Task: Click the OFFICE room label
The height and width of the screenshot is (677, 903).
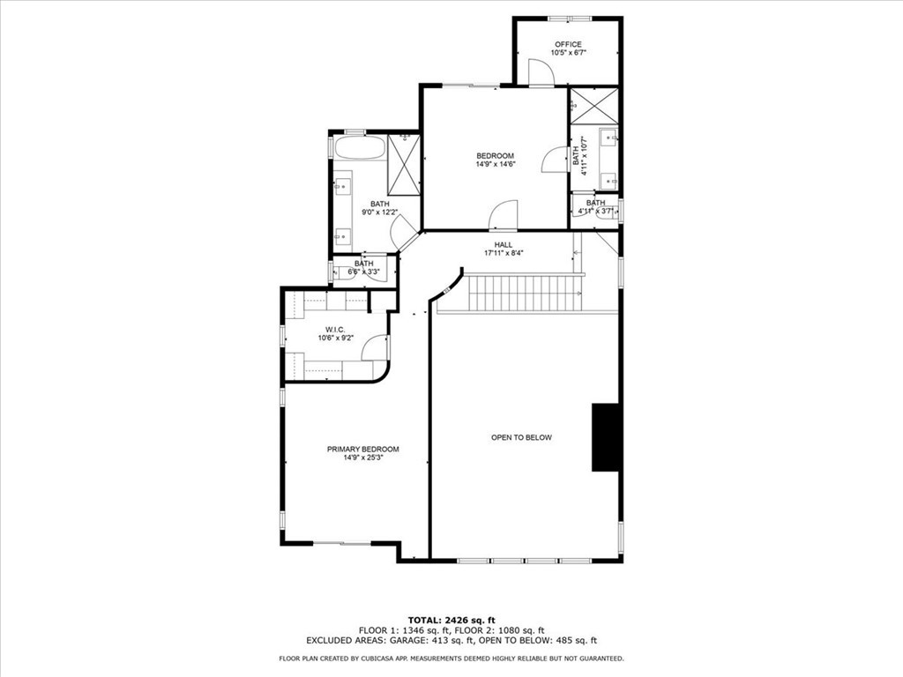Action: (568, 44)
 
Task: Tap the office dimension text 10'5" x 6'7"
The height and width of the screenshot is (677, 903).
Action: (568, 53)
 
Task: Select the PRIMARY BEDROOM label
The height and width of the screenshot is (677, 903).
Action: (362, 449)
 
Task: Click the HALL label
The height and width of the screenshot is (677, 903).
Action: (503, 245)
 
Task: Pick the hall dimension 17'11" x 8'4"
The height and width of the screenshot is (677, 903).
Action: (503, 254)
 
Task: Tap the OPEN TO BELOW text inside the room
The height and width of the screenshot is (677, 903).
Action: (521, 437)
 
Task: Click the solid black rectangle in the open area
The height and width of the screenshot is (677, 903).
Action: (606, 437)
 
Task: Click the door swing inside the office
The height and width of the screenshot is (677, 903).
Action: (540, 73)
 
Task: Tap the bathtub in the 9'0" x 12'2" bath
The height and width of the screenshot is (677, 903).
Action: (359, 146)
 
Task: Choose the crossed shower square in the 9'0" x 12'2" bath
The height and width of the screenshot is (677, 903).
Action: (404, 165)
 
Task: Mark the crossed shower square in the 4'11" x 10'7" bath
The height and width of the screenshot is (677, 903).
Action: (593, 107)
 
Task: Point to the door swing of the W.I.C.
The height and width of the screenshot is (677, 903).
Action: (376, 348)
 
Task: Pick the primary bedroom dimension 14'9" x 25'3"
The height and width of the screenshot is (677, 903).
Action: (362, 458)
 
